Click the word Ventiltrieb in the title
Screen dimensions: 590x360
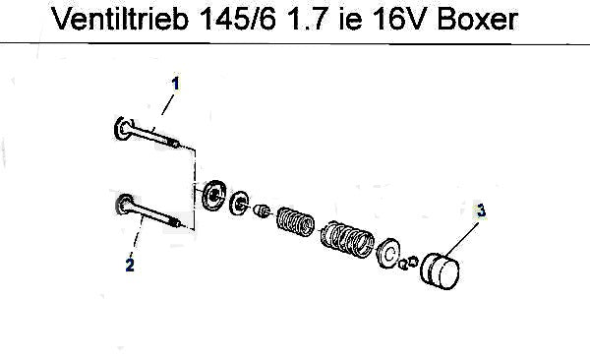(x=119, y=19)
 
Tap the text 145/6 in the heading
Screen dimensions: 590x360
(x=238, y=19)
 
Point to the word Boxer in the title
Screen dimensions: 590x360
(x=478, y=19)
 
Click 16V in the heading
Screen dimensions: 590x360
(x=402, y=19)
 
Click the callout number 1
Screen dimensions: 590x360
(x=175, y=84)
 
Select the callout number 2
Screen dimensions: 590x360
(x=130, y=265)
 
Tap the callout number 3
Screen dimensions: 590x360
(x=481, y=210)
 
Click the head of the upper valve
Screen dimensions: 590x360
(x=123, y=129)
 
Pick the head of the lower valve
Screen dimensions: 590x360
(x=124, y=205)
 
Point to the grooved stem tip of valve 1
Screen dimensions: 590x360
(x=174, y=143)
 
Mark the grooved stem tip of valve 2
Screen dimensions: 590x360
(x=174, y=222)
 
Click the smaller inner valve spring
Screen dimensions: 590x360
(x=295, y=222)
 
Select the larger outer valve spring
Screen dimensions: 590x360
(x=347, y=239)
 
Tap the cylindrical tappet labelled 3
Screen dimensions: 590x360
(x=441, y=271)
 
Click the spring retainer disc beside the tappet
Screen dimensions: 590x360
(x=388, y=253)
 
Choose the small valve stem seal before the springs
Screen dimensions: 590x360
(x=262, y=210)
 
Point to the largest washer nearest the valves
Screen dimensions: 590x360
(x=214, y=196)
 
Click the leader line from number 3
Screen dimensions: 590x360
(x=462, y=239)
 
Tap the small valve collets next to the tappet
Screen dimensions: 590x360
(x=408, y=263)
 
